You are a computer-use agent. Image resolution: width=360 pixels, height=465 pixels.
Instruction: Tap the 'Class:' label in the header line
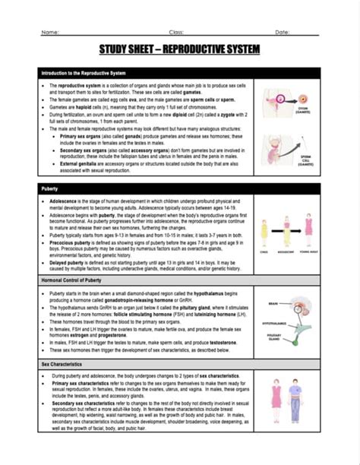click(176, 32)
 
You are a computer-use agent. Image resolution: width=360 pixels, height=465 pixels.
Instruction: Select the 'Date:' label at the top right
click(282, 32)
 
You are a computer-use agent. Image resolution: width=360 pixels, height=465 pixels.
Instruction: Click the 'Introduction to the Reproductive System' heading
click(84, 72)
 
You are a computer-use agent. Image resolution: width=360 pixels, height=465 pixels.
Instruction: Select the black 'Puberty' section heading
click(51, 186)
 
